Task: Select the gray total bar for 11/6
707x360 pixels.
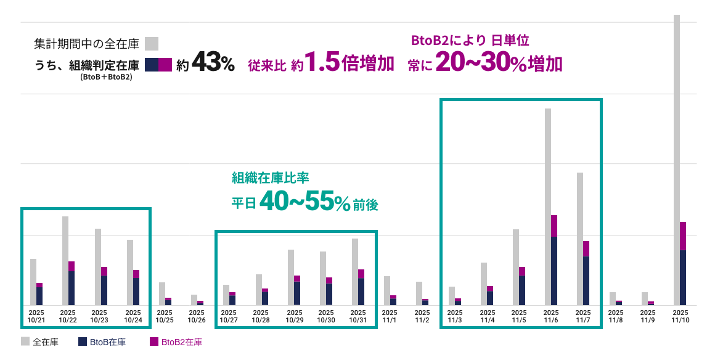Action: click(x=547, y=160)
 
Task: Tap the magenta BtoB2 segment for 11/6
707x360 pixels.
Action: click(x=554, y=226)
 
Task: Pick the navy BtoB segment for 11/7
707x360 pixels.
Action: click(x=586, y=280)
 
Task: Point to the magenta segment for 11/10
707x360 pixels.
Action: click(x=683, y=235)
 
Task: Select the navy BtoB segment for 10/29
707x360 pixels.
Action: click(x=297, y=293)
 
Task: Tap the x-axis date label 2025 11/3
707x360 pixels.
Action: click(x=455, y=316)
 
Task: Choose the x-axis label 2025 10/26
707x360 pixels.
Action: click(x=196, y=316)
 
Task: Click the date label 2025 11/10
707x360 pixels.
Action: click(x=679, y=316)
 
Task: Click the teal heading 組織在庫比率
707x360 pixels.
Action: click(x=270, y=178)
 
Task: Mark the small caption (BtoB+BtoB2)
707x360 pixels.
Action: click(x=106, y=78)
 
